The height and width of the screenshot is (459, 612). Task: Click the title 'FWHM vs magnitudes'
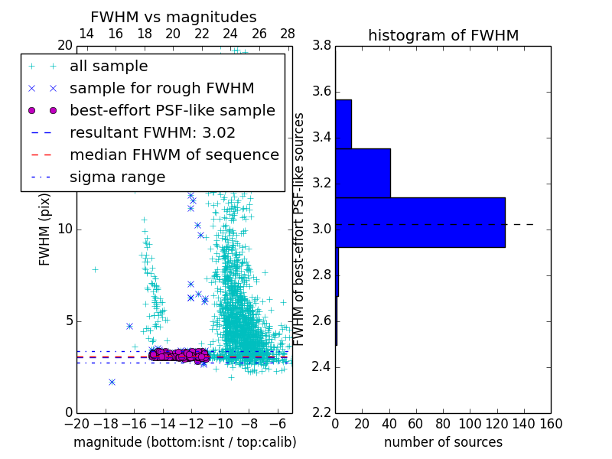174,17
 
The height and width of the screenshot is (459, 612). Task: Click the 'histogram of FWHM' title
443,35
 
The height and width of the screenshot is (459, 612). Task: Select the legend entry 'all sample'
109,67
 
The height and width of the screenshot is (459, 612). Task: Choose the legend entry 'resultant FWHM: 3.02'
152,132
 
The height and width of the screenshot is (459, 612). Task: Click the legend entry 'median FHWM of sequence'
174,155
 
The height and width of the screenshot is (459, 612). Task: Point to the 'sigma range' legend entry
117,177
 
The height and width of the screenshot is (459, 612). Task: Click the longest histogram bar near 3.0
420,222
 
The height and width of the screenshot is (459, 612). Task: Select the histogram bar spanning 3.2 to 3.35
363,173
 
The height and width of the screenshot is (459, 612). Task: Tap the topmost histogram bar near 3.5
343,124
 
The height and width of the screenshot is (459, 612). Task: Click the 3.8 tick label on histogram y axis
322,46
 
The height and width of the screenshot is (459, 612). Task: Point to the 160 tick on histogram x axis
551,424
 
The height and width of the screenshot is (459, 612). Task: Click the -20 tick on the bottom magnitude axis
76,424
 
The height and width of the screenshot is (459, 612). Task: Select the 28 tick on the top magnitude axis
288,34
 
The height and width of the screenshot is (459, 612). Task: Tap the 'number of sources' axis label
443,442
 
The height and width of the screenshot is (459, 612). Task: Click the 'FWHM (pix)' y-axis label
45,229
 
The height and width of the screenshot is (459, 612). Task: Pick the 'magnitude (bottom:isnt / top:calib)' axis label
184,442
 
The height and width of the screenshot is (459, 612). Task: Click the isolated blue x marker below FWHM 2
112,382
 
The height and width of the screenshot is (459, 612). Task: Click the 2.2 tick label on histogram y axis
322,412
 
